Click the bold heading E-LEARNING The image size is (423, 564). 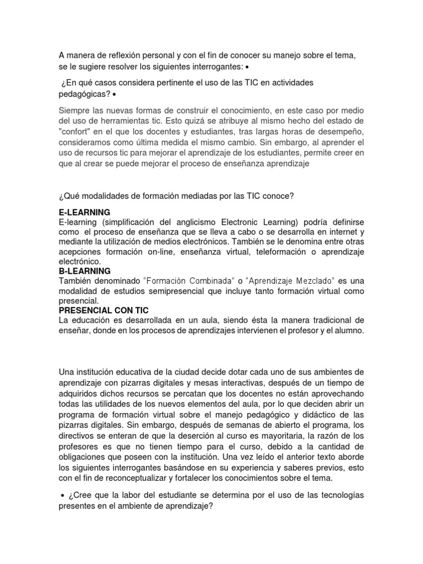[84, 212]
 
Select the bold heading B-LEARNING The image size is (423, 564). [84, 271]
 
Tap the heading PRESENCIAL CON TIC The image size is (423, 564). [104, 311]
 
